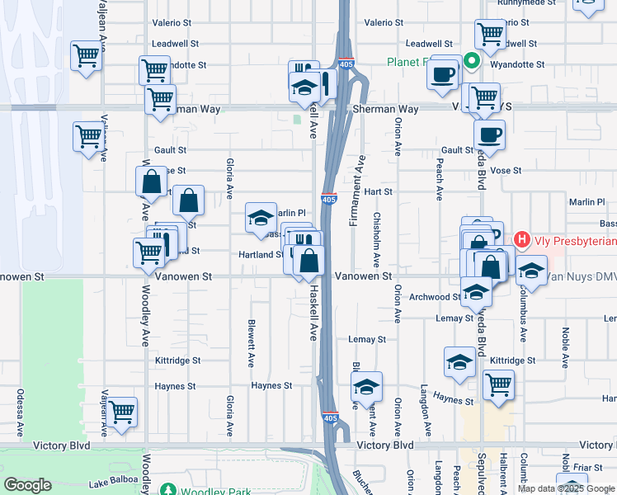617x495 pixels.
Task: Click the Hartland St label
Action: click(262, 255)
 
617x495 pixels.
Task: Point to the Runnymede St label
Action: click(536, 2)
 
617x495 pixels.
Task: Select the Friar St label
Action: click(589, 467)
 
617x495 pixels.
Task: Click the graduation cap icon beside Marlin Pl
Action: click(261, 218)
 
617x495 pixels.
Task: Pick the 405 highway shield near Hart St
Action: click(328, 199)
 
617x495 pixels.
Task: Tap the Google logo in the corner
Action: click(27, 485)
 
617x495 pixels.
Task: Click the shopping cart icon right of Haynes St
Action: click(498, 384)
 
